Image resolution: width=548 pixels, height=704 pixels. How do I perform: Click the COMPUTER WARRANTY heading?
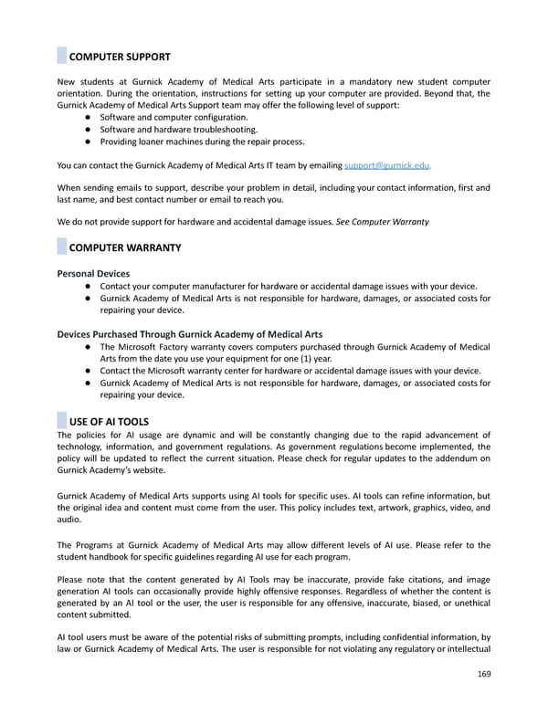pyautogui.click(x=124, y=247)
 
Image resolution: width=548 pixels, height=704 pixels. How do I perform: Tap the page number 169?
pyautogui.click(x=482, y=677)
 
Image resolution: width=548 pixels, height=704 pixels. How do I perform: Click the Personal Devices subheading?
pyautogui.click(x=93, y=273)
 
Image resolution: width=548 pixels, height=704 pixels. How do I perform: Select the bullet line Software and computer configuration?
pyautogui.click(x=173, y=118)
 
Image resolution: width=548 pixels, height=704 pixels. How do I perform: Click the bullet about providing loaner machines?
pyautogui.click(x=202, y=142)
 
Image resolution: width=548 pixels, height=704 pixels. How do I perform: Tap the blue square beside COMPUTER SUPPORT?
pyautogui.click(x=62, y=57)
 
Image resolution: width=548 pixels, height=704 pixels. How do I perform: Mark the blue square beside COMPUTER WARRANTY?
pyautogui.click(x=62, y=247)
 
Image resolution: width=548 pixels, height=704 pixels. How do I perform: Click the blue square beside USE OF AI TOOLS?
pyautogui.click(x=62, y=421)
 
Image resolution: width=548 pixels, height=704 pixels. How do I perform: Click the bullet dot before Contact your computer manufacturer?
pyautogui.click(x=85, y=286)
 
